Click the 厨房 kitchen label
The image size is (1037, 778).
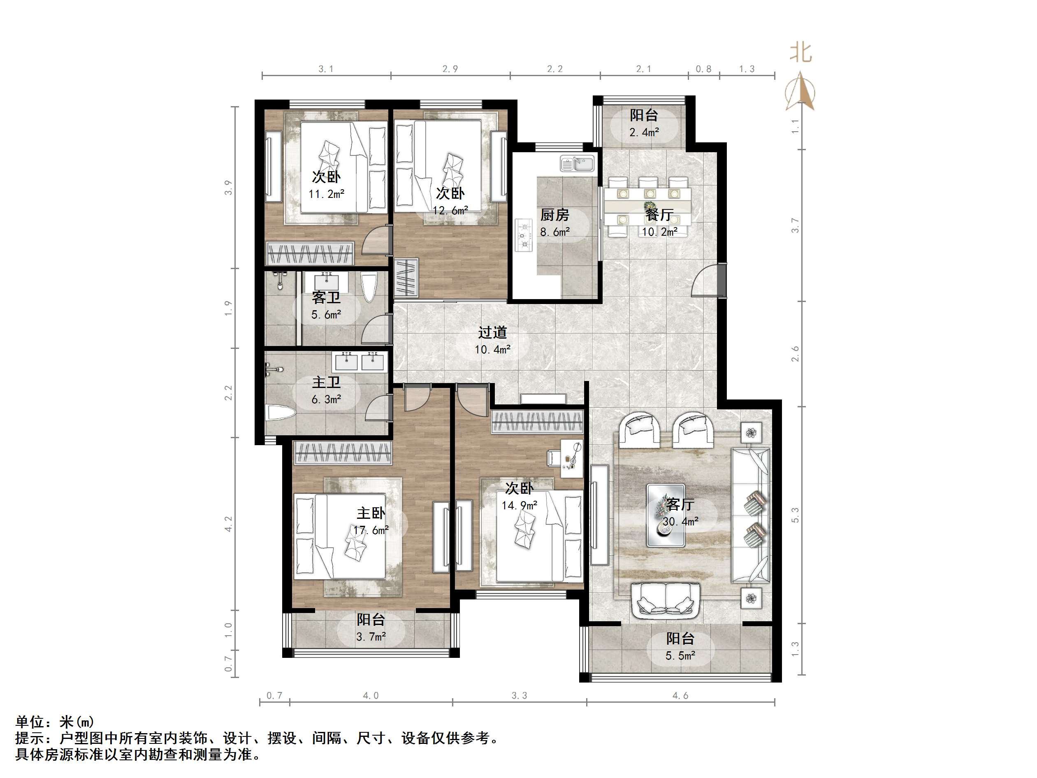[x=554, y=215]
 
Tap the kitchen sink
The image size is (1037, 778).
[x=577, y=164]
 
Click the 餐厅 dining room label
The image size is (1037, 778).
[x=659, y=215]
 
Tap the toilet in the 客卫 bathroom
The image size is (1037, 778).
[x=369, y=287]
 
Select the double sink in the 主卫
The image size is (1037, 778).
[x=359, y=361]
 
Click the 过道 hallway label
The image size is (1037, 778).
[x=492, y=332]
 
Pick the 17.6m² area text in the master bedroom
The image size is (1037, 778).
[x=371, y=530]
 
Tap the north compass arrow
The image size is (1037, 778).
[x=801, y=91]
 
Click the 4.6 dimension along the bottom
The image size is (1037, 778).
[x=680, y=695]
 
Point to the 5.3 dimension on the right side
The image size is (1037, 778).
[x=795, y=515]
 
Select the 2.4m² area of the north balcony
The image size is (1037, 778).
[x=644, y=133]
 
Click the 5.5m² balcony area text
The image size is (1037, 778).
[x=680, y=656]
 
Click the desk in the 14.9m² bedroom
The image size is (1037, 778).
[x=571, y=458]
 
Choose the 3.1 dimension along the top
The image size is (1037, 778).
[x=326, y=69]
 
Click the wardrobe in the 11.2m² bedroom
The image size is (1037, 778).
[x=309, y=253]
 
